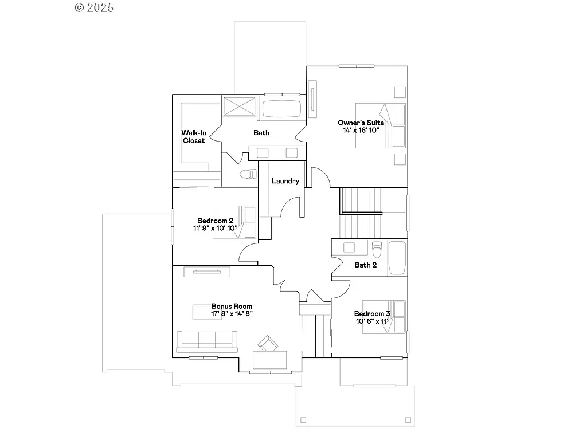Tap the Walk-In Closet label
click(193, 136)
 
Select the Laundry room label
click(285, 181)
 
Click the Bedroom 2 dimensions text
click(215, 228)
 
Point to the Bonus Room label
click(232, 307)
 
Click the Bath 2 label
click(366, 265)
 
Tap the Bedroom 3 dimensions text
click(371, 321)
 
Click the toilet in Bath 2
click(377, 250)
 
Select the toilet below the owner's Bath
click(247, 174)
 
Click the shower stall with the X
click(239, 108)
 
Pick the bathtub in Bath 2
click(397, 258)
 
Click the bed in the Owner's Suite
click(380, 125)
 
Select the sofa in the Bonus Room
click(207, 341)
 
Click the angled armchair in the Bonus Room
click(268, 344)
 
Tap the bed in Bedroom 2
click(235, 222)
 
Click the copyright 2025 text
click(95, 7)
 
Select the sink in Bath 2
click(349, 247)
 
